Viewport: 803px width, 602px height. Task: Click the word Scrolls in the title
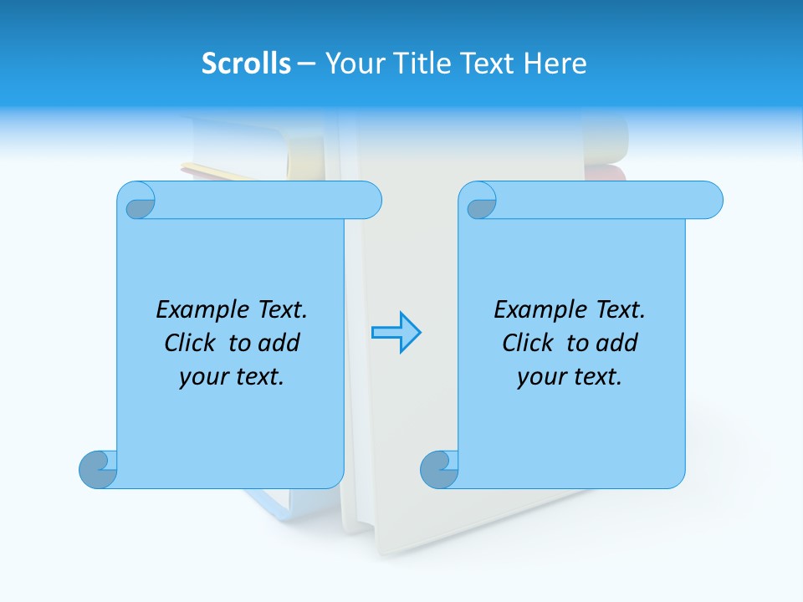tap(246, 64)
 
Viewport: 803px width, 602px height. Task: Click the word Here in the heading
tap(555, 64)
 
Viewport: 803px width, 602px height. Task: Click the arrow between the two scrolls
tap(396, 333)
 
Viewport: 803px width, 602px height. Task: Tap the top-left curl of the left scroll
tap(136, 201)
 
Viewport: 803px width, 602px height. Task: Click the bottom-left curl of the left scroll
tap(98, 469)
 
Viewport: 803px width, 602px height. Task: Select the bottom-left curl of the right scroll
tap(438, 469)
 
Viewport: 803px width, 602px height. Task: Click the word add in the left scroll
tap(279, 343)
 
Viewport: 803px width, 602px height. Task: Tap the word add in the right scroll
tap(617, 343)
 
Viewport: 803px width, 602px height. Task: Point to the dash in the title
tap(307, 64)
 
